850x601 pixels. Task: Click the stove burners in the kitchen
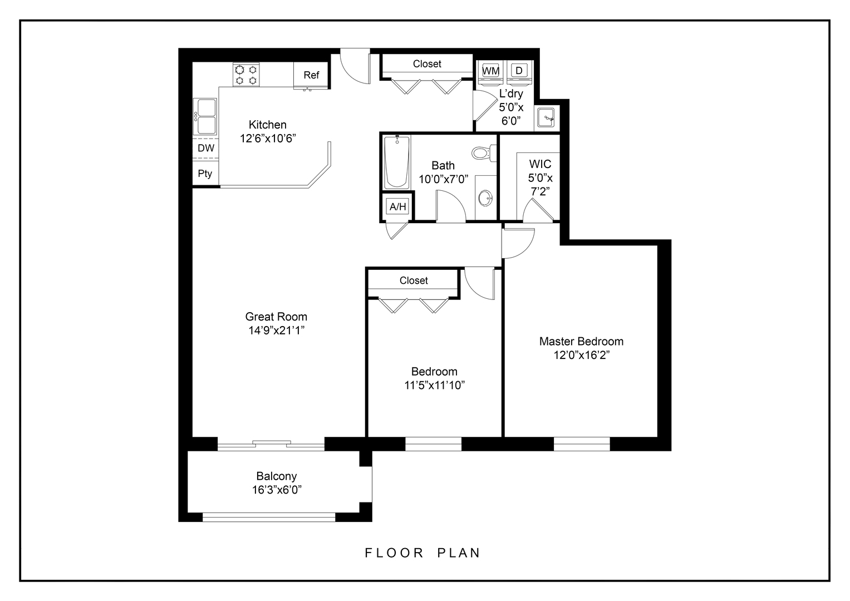[x=246, y=75]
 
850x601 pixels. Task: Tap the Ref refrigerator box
[x=311, y=75]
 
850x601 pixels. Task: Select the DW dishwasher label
[x=206, y=148]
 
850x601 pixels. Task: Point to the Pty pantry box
[x=205, y=174]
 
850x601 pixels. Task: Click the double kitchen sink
[x=206, y=116]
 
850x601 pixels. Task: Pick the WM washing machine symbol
[x=490, y=71]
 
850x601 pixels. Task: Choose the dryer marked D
[x=519, y=71]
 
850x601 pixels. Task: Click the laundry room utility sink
[x=547, y=118]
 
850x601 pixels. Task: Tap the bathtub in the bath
[x=397, y=161]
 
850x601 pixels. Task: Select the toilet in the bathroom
[x=482, y=152]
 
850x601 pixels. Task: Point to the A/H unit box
[x=397, y=207]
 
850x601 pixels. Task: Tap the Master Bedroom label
[x=581, y=341]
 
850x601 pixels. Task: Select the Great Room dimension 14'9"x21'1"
[x=277, y=331]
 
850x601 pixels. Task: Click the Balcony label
[x=277, y=476]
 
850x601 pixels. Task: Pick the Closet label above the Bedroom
[x=414, y=280]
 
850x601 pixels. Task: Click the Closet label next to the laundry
[x=427, y=64]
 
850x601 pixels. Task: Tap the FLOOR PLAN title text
[x=422, y=553]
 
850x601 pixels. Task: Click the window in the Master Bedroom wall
[x=582, y=444]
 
